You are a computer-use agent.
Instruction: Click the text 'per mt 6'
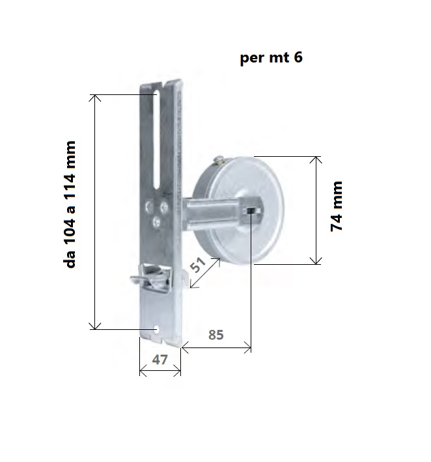pos(271,57)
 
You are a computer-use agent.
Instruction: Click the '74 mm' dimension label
pos(337,206)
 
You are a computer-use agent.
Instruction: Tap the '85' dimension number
pos(215,334)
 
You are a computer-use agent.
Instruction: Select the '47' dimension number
pos(160,359)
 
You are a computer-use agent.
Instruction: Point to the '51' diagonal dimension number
pos(197,265)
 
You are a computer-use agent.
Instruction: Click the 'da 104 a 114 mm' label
pos(70,204)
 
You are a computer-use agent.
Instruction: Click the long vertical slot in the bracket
pos(157,139)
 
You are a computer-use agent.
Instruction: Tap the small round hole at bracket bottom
pos(156,330)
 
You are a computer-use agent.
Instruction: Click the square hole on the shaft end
pos(252,211)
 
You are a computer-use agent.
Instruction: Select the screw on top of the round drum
pos(219,159)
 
